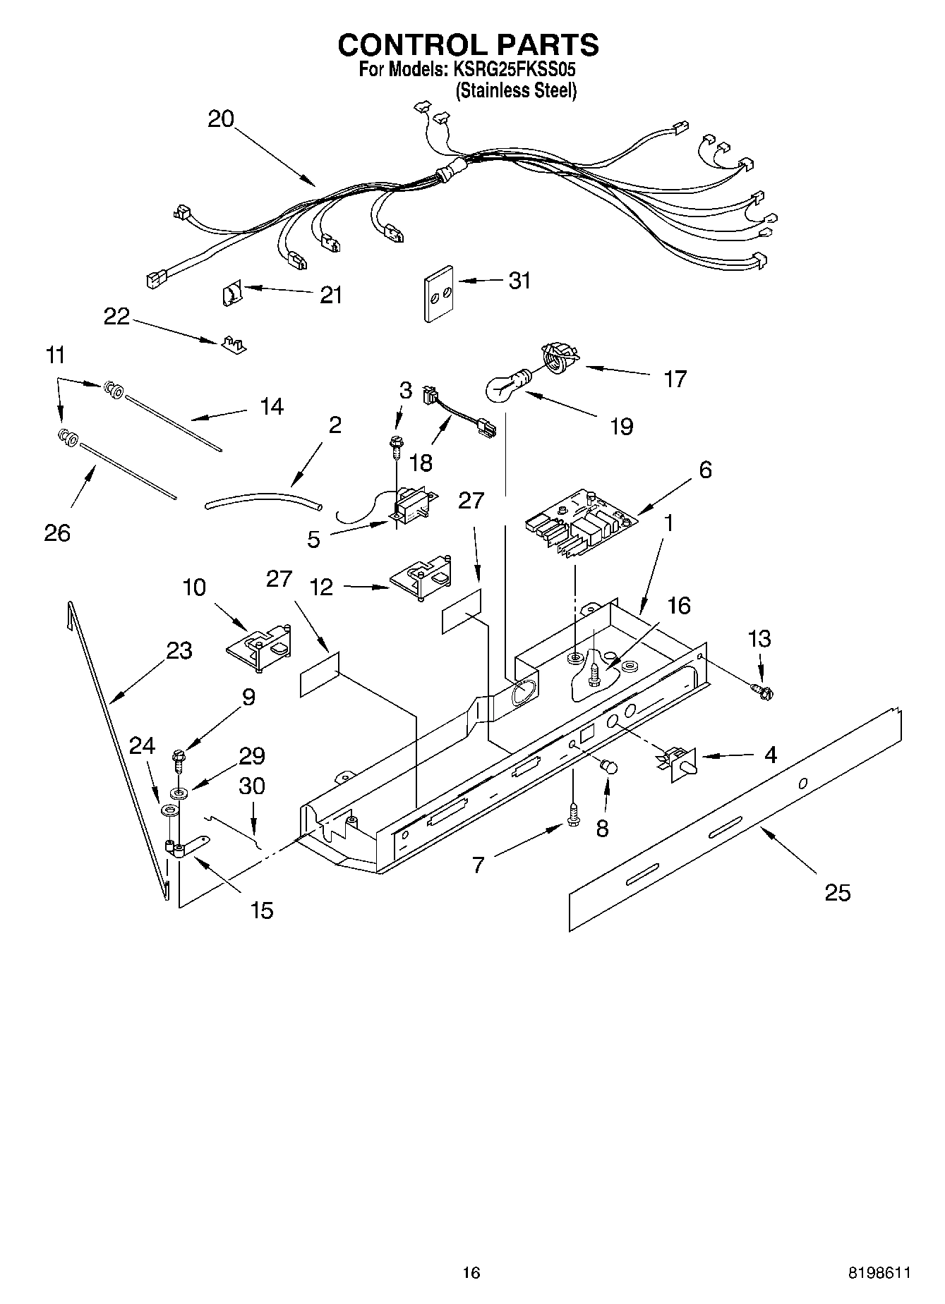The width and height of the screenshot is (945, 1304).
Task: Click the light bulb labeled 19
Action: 505,385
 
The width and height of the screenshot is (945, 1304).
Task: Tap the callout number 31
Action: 519,281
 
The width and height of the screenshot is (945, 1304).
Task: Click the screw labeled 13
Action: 762,691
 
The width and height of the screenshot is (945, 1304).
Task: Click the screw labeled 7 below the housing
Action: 573,817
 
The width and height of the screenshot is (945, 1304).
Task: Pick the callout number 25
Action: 838,892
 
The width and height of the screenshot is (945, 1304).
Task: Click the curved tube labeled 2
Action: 263,502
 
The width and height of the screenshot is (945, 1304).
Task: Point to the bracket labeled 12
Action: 422,580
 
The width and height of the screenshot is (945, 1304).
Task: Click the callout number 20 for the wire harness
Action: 220,118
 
